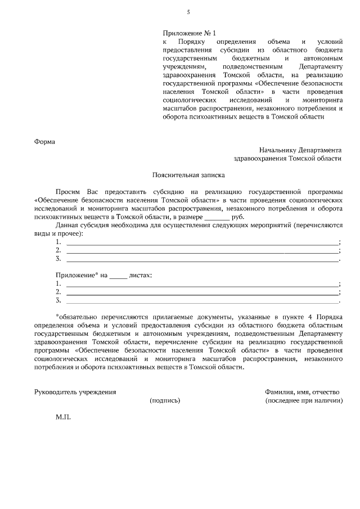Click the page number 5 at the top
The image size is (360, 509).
coord(188,12)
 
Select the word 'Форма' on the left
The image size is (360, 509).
coord(45,141)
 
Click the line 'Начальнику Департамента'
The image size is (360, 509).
coord(300,150)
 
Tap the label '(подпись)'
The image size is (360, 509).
coord(165,400)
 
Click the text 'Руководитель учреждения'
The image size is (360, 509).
coord(75,392)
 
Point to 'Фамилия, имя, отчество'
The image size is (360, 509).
coord(302,392)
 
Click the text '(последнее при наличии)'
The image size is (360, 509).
coord(304,400)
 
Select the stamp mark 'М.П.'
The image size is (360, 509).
coord(63,418)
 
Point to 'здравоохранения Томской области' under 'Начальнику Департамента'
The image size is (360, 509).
coord(287,159)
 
